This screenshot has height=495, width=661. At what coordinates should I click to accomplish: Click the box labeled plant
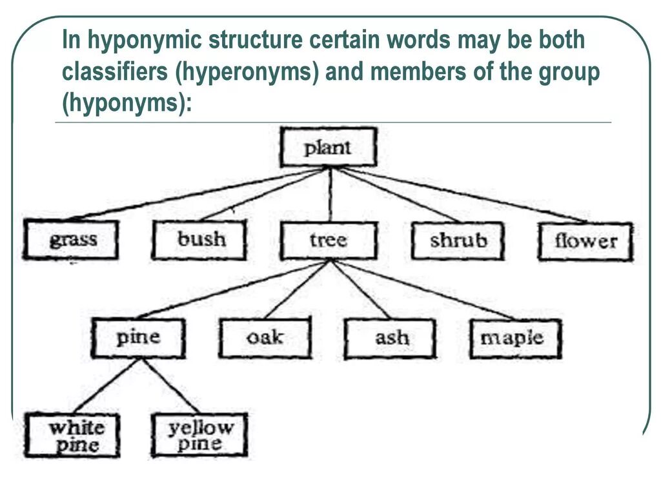click(x=328, y=147)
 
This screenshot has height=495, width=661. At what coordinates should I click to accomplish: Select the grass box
click(x=71, y=240)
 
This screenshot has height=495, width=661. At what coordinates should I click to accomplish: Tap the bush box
click(x=199, y=240)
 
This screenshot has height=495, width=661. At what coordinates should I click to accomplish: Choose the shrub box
click(x=458, y=241)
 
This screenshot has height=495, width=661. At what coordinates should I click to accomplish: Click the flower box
click(x=585, y=242)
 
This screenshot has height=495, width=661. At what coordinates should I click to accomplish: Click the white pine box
click(x=72, y=436)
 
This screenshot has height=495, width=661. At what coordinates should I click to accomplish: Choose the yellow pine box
click(x=199, y=435)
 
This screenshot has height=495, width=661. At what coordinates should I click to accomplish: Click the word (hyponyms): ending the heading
click(x=127, y=103)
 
